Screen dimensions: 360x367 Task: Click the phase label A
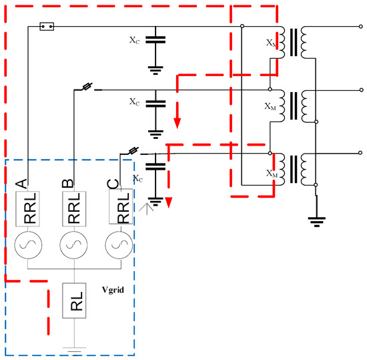(x=21, y=182)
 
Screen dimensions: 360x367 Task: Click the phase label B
(x=71, y=182)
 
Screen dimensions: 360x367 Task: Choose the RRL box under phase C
(x=121, y=208)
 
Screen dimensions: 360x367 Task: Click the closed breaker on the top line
(x=47, y=27)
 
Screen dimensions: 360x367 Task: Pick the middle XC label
(x=135, y=102)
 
